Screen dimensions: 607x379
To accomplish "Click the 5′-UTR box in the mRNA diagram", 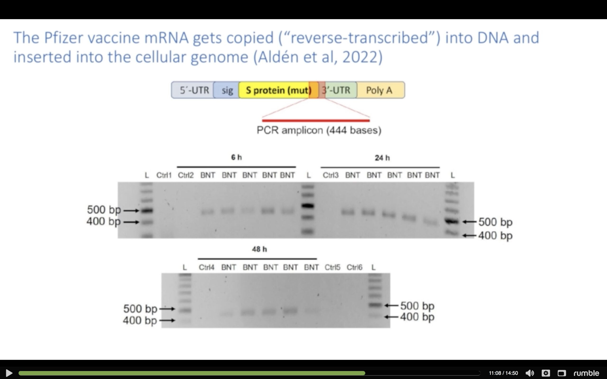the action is pyautogui.click(x=193, y=90).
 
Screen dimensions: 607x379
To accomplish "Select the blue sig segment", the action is pyautogui.click(x=226, y=90).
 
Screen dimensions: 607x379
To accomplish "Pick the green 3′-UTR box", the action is pyautogui.click(x=340, y=90).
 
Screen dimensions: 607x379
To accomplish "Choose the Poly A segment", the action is pyautogui.click(x=381, y=90).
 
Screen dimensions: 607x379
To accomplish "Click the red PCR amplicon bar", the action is pyautogui.click(x=316, y=121).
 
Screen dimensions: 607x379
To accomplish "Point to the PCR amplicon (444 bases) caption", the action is pyautogui.click(x=319, y=130).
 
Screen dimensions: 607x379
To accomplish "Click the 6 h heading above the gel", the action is pyautogui.click(x=236, y=158).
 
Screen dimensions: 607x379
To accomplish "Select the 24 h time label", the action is pyautogui.click(x=382, y=158).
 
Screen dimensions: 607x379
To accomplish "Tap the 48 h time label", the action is pyautogui.click(x=259, y=249).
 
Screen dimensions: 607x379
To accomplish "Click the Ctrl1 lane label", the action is pyautogui.click(x=164, y=175).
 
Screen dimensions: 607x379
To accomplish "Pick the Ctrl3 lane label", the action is pyautogui.click(x=331, y=175).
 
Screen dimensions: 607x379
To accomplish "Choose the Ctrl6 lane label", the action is pyautogui.click(x=354, y=267).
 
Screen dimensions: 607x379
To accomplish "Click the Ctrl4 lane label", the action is pyautogui.click(x=207, y=267).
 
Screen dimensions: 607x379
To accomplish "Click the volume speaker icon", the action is pyautogui.click(x=529, y=373).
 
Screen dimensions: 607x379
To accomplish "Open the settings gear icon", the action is pyautogui.click(x=546, y=373).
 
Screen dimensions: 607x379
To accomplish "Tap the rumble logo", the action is pyautogui.click(x=586, y=373).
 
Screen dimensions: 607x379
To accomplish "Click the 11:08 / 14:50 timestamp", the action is pyautogui.click(x=503, y=373).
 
